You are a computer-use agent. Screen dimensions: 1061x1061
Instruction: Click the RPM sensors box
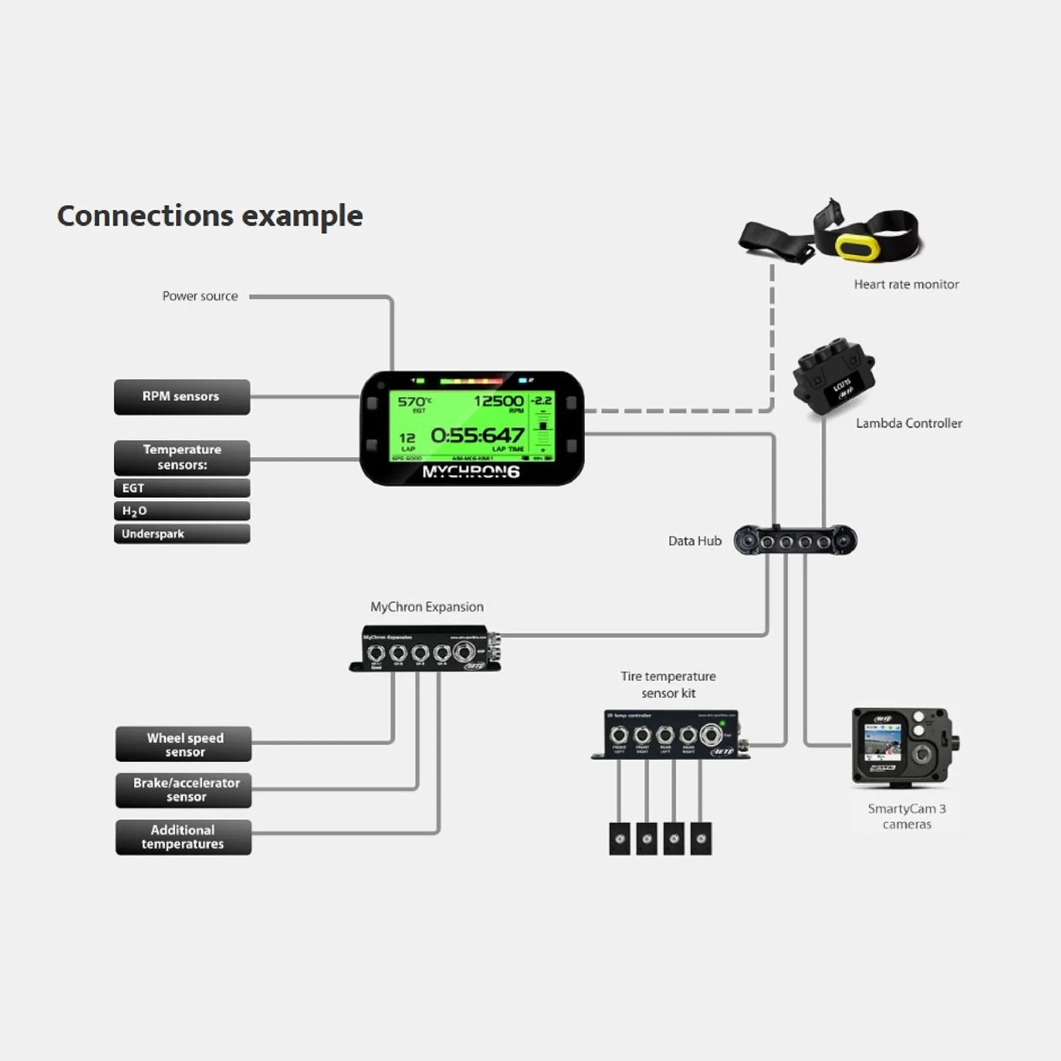[182, 397]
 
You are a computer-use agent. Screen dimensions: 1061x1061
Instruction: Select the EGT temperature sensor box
[182, 488]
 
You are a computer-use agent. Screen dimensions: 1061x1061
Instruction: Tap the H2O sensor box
[182, 511]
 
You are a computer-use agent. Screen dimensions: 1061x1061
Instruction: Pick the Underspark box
[182, 534]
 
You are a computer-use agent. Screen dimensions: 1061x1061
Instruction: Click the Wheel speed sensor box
[184, 744]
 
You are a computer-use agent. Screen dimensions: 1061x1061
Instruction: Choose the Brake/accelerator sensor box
[184, 790]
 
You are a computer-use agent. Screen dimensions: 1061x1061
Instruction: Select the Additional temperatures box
[184, 837]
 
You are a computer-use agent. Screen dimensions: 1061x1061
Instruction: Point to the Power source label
[200, 296]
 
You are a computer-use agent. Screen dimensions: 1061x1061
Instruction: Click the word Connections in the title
[145, 216]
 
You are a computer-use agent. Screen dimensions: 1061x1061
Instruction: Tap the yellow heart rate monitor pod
[857, 247]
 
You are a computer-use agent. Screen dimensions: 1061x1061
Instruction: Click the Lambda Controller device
[834, 375]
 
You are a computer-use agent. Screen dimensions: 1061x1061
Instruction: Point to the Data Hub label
[694, 541]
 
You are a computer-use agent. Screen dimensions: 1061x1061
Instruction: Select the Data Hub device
[795, 541]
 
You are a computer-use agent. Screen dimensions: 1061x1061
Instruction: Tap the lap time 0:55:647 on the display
[477, 436]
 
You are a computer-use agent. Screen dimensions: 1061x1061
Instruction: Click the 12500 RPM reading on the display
[498, 401]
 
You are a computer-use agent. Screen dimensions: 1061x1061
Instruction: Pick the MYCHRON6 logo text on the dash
[471, 472]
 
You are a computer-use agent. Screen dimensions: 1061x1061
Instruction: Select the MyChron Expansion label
[426, 607]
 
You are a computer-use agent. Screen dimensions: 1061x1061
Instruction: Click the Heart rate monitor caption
[906, 284]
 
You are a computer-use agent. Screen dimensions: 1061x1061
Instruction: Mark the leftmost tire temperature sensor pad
[619, 839]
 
